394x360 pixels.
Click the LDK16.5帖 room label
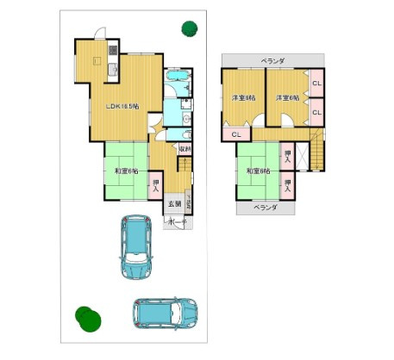[x=122, y=107]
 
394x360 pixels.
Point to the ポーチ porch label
[x=177, y=222]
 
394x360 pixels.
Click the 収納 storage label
[x=184, y=148]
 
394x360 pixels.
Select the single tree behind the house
[x=188, y=28]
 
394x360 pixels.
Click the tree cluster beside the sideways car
[x=84, y=317]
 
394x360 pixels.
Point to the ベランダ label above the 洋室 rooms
[x=273, y=60]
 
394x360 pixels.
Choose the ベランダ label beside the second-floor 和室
[x=265, y=208]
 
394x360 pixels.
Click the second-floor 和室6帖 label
[x=258, y=171]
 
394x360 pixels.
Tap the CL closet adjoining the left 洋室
[x=236, y=134]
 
